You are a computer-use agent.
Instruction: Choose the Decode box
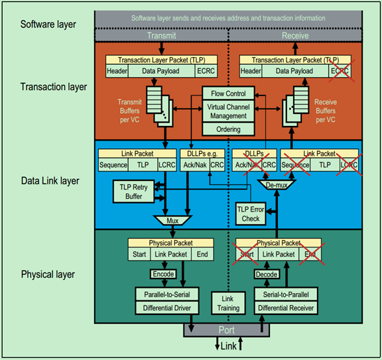(x=267, y=273)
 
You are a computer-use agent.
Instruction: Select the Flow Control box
(x=227, y=93)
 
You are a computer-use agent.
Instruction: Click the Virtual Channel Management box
(x=227, y=111)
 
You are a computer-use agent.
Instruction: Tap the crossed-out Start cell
(x=247, y=254)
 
